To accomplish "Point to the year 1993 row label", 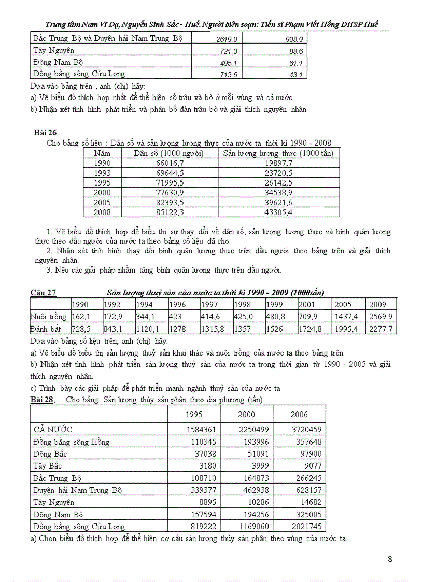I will point(102,173).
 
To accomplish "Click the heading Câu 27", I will point(44,293).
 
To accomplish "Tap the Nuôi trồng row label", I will point(49,317).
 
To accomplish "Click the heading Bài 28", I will point(43,400).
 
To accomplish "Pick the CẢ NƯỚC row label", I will point(53,430).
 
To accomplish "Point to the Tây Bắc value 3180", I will point(193,466).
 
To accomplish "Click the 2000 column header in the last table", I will point(246,414).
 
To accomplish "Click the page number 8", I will point(390,559).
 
